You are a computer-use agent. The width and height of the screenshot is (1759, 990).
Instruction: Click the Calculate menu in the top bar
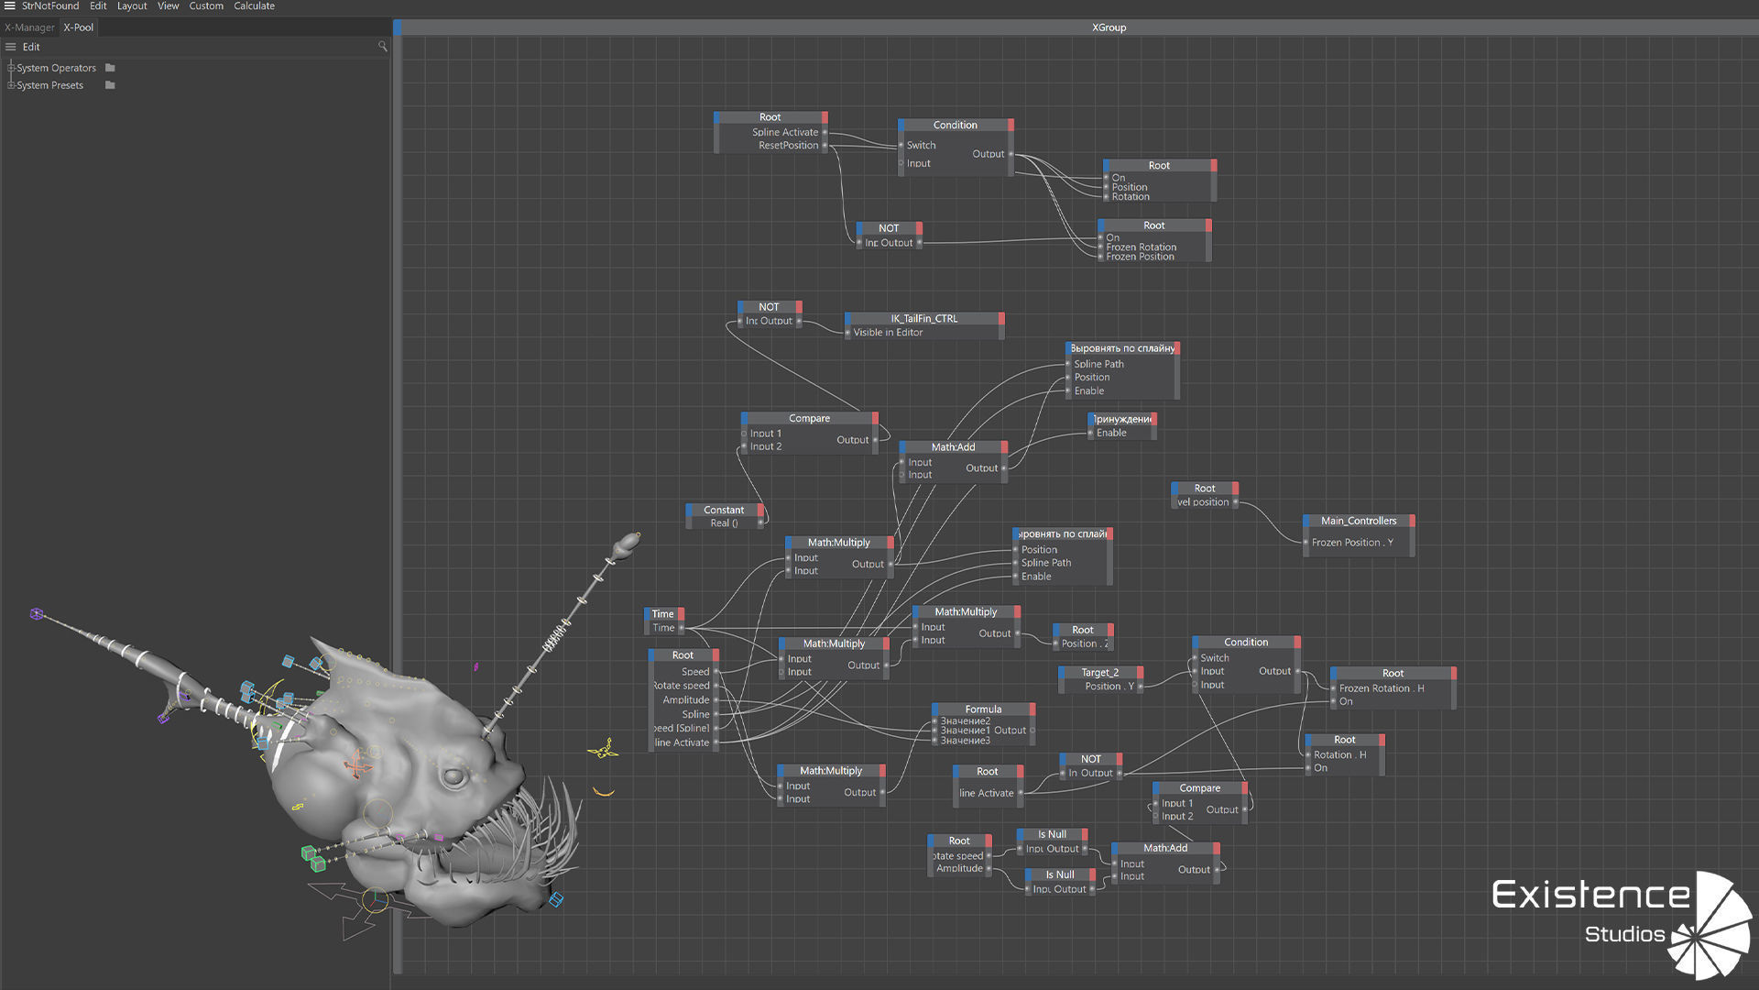pos(254,6)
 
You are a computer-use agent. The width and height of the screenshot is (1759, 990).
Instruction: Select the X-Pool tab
pos(79,27)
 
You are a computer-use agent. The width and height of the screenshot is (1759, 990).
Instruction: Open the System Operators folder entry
pos(56,68)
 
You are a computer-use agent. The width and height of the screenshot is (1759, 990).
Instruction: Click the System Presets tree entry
pos(49,85)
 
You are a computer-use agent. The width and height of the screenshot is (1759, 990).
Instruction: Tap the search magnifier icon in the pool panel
pos(382,47)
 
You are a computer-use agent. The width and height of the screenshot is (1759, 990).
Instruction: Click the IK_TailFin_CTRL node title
pos(923,319)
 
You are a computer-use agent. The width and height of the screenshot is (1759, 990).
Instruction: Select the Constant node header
pos(724,511)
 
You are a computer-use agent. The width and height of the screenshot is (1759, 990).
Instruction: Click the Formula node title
pos(983,709)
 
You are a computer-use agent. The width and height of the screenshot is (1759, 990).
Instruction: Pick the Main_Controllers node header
pos(1359,521)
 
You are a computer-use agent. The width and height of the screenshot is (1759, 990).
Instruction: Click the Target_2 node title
pos(1099,673)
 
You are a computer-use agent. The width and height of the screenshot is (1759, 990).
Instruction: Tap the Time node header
pos(663,614)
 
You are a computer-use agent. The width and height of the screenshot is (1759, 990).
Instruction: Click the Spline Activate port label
pos(785,132)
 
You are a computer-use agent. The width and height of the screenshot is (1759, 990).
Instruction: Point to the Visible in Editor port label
pos(888,333)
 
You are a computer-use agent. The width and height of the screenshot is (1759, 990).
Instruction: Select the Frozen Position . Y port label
pos(1352,543)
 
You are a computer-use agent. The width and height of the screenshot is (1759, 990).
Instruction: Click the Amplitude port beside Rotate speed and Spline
pos(686,700)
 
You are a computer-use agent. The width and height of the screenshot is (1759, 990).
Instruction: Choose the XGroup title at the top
pos(1109,27)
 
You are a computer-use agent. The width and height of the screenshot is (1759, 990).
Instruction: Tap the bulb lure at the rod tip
pos(627,544)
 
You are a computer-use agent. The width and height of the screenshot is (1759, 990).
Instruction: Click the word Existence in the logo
pos(1590,895)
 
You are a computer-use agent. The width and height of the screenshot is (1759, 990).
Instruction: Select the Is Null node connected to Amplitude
pos(1060,875)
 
